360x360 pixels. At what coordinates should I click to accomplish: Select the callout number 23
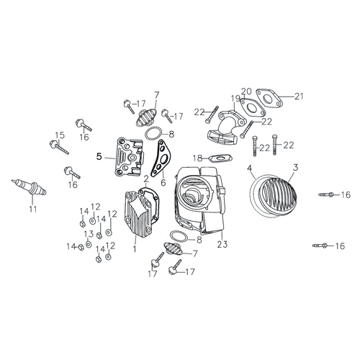(x=222, y=245)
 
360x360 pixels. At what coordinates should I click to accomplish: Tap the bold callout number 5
(x=99, y=157)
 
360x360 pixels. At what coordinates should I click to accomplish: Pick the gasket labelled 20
(x=253, y=107)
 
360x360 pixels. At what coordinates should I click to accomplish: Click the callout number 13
(x=89, y=234)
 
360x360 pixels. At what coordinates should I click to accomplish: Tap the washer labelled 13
(x=89, y=244)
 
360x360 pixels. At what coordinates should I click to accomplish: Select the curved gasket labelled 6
(x=160, y=158)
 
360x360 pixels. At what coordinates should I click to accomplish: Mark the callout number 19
(x=235, y=99)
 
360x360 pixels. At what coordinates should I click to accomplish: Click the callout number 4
(x=250, y=168)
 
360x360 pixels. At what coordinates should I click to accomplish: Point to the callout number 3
(x=295, y=168)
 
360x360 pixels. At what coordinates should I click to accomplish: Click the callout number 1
(x=135, y=248)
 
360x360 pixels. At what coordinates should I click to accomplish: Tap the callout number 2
(x=146, y=179)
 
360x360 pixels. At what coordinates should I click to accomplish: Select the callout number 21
(x=299, y=96)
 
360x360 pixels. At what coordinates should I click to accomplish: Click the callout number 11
(x=33, y=210)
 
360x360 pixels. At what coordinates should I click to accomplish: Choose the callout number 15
(x=60, y=135)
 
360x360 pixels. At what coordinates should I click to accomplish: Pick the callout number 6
(x=163, y=182)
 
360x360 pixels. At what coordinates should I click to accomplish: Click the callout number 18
(x=198, y=158)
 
